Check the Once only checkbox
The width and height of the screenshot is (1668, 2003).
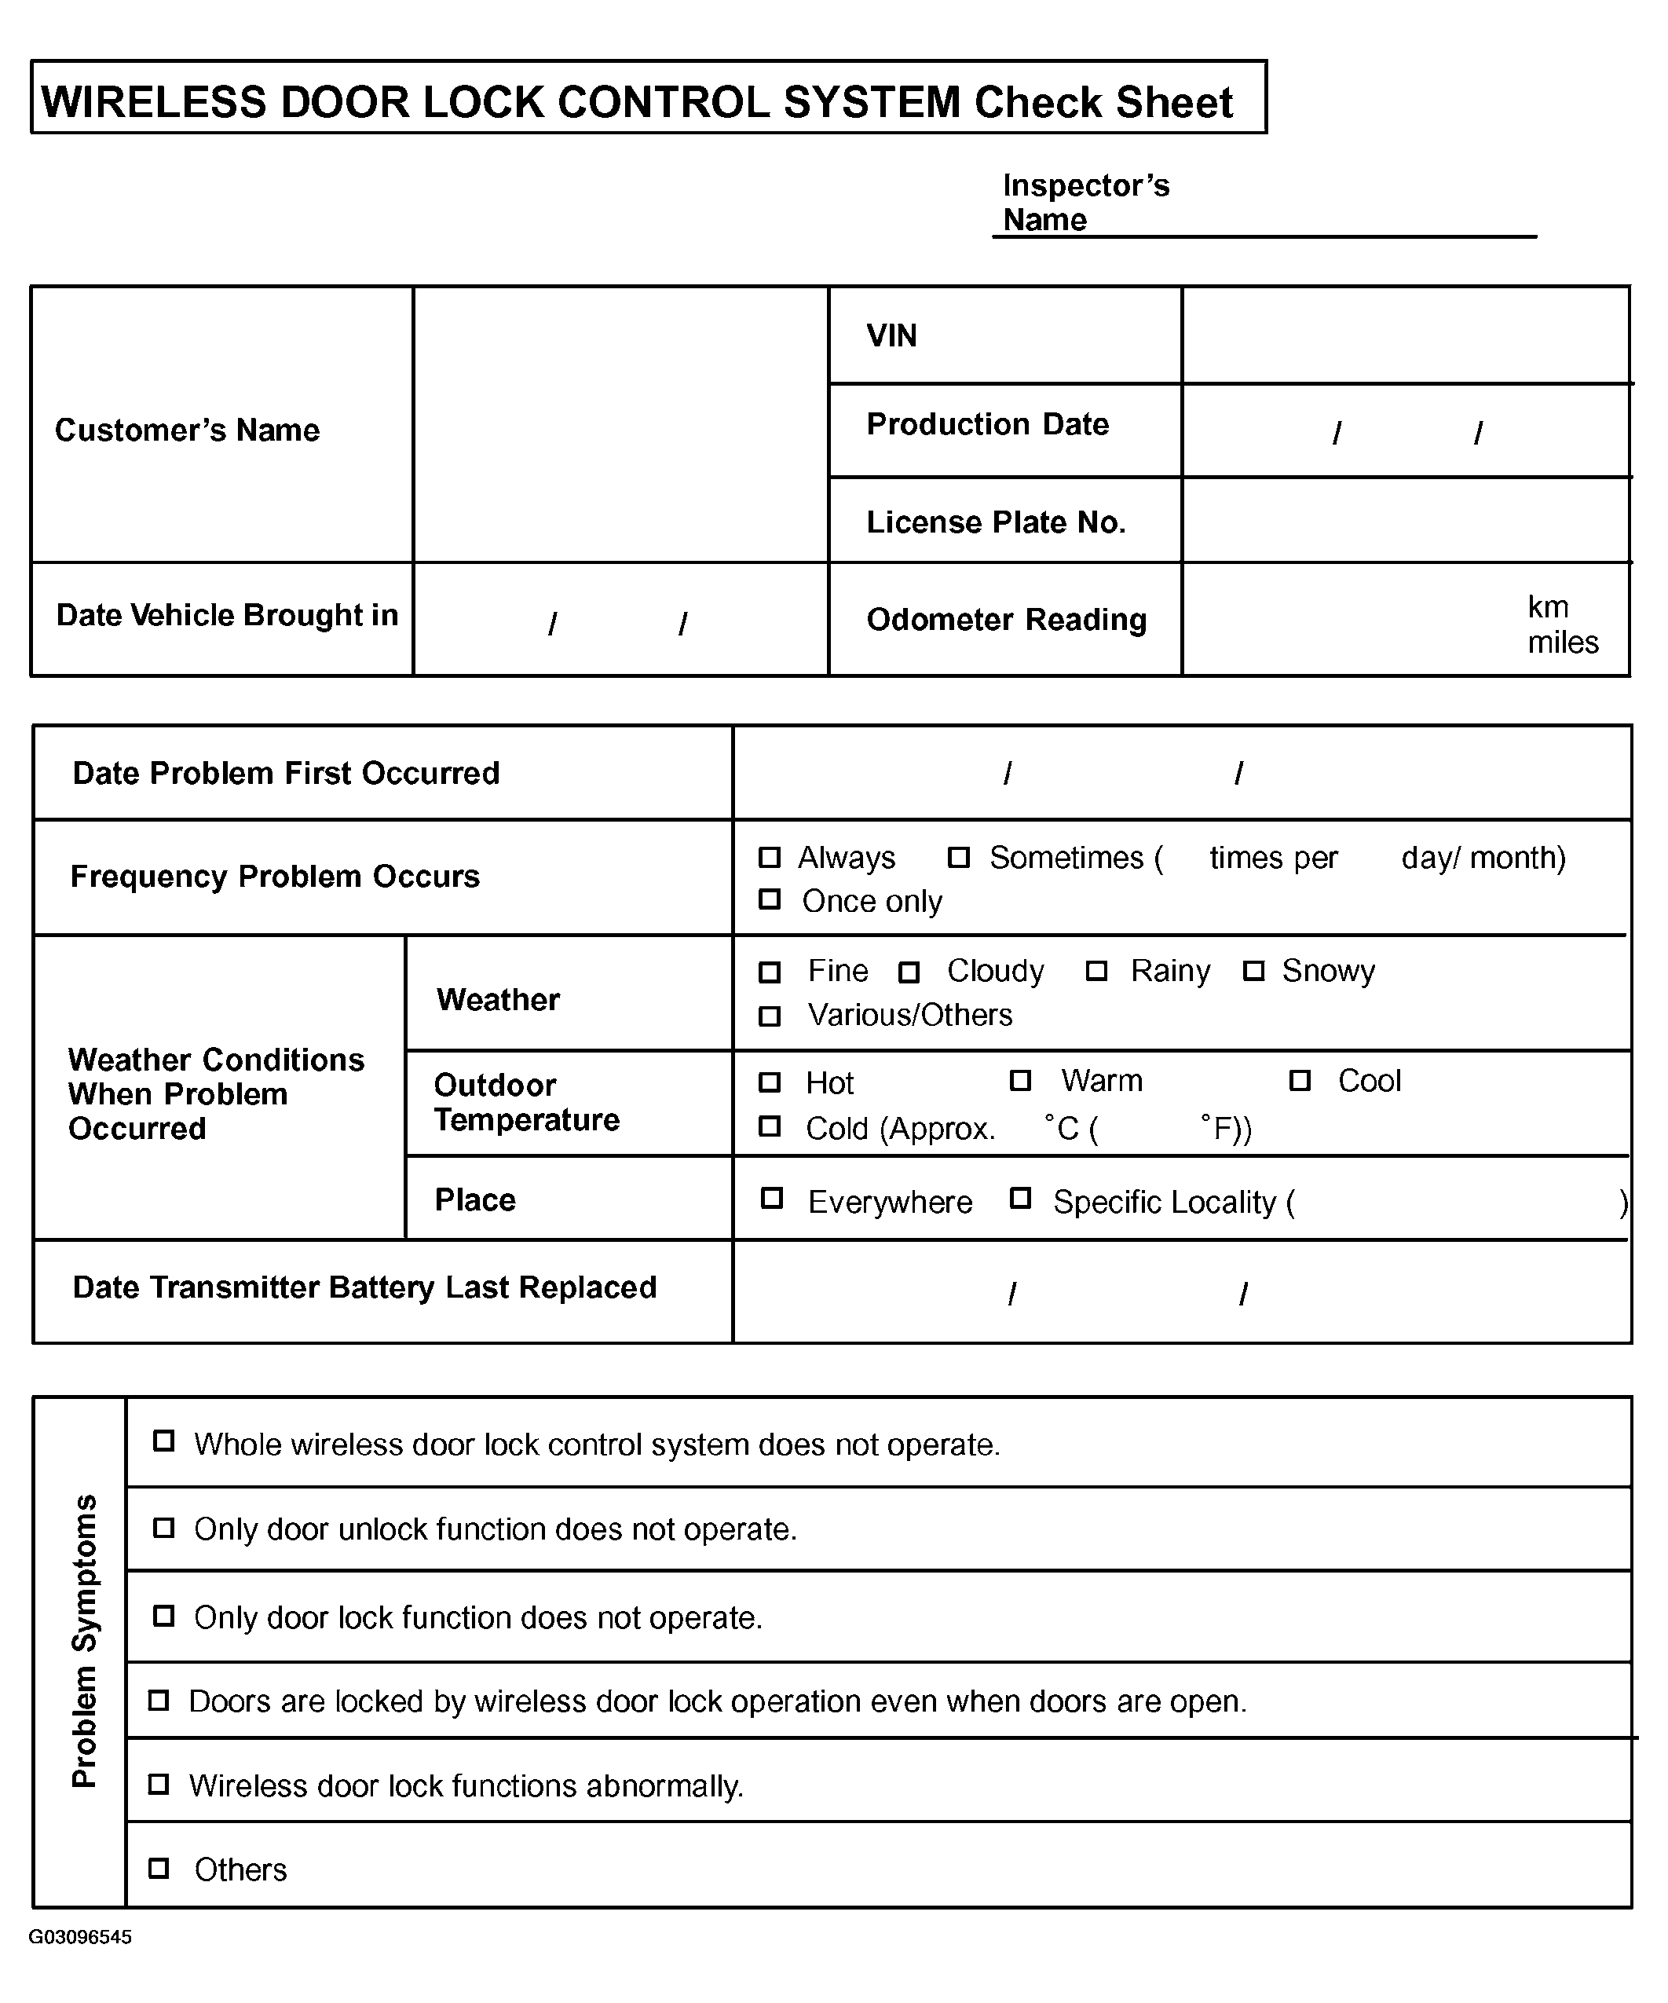pyautogui.click(x=769, y=899)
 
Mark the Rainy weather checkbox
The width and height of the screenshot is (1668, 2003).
pyautogui.click(x=1097, y=971)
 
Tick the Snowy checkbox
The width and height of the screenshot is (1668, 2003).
pyautogui.click(x=1253, y=971)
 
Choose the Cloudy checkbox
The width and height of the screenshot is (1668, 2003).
pyautogui.click(x=909, y=972)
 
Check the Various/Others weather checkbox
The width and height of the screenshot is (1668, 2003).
pyautogui.click(x=769, y=1016)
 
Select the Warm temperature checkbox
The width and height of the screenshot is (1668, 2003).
pyautogui.click(x=1020, y=1081)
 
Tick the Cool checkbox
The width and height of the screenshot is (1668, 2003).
pyautogui.click(x=1299, y=1081)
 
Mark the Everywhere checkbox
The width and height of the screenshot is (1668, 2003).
pyautogui.click(x=771, y=1198)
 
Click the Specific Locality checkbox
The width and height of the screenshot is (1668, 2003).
pyautogui.click(x=1020, y=1198)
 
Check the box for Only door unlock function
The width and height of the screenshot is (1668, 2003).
pyautogui.click(x=164, y=1528)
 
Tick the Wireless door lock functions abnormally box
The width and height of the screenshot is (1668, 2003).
pyautogui.click(x=159, y=1784)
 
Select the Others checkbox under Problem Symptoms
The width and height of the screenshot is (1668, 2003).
pyautogui.click(x=159, y=1868)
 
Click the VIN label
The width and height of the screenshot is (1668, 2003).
pyautogui.click(x=891, y=335)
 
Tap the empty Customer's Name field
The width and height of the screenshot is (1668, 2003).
pyautogui.click(x=620, y=424)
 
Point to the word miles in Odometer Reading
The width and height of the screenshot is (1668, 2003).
pyautogui.click(x=1562, y=642)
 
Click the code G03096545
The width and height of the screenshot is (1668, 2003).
pyautogui.click(x=80, y=1936)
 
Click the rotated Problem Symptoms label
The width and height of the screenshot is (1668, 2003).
pyautogui.click(x=84, y=1641)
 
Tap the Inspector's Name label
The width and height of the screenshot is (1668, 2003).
pyautogui.click(x=1085, y=202)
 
